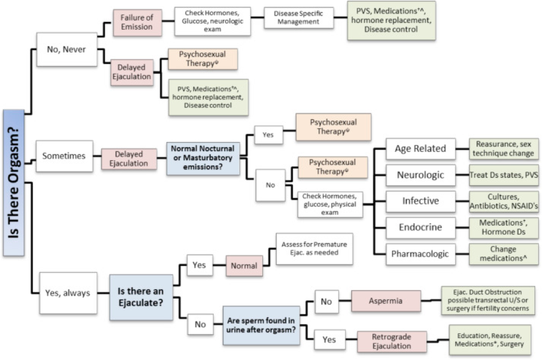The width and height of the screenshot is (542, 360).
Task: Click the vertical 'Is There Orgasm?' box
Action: pos(14,183)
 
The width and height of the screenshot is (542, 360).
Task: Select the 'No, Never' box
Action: pos(67,49)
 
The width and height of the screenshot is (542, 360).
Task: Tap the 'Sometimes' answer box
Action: pos(64,156)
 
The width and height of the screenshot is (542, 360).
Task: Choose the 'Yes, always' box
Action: pos(68,293)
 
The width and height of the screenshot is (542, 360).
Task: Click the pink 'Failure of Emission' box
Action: pos(137,22)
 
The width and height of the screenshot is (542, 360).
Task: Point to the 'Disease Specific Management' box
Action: pos(299,18)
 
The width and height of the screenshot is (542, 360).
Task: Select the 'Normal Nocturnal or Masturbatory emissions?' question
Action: pos(203,158)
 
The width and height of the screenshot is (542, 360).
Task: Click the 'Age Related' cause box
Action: pos(420,149)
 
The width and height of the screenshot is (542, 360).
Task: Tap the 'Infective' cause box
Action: pos(420,201)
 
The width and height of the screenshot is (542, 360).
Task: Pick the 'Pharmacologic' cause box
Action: pos(420,254)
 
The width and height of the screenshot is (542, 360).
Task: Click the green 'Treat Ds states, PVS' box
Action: pos(504,175)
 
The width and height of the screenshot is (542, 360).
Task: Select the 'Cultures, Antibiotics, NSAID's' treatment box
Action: pos(504,201)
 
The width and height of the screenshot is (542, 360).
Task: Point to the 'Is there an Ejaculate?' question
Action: pos(141,297)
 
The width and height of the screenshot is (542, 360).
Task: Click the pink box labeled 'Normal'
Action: pos(244,266)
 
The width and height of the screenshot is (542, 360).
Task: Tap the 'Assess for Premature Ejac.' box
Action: pos(314,249)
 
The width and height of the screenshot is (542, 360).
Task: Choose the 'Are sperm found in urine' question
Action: pos(261,326)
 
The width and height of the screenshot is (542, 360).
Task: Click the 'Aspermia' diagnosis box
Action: pos(386,301)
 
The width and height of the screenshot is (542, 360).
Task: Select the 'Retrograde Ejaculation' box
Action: pos(392,342)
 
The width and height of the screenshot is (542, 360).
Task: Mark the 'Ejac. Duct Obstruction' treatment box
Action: pos(487,300)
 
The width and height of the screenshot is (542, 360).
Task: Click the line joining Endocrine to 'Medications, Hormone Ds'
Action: pos(462,227)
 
